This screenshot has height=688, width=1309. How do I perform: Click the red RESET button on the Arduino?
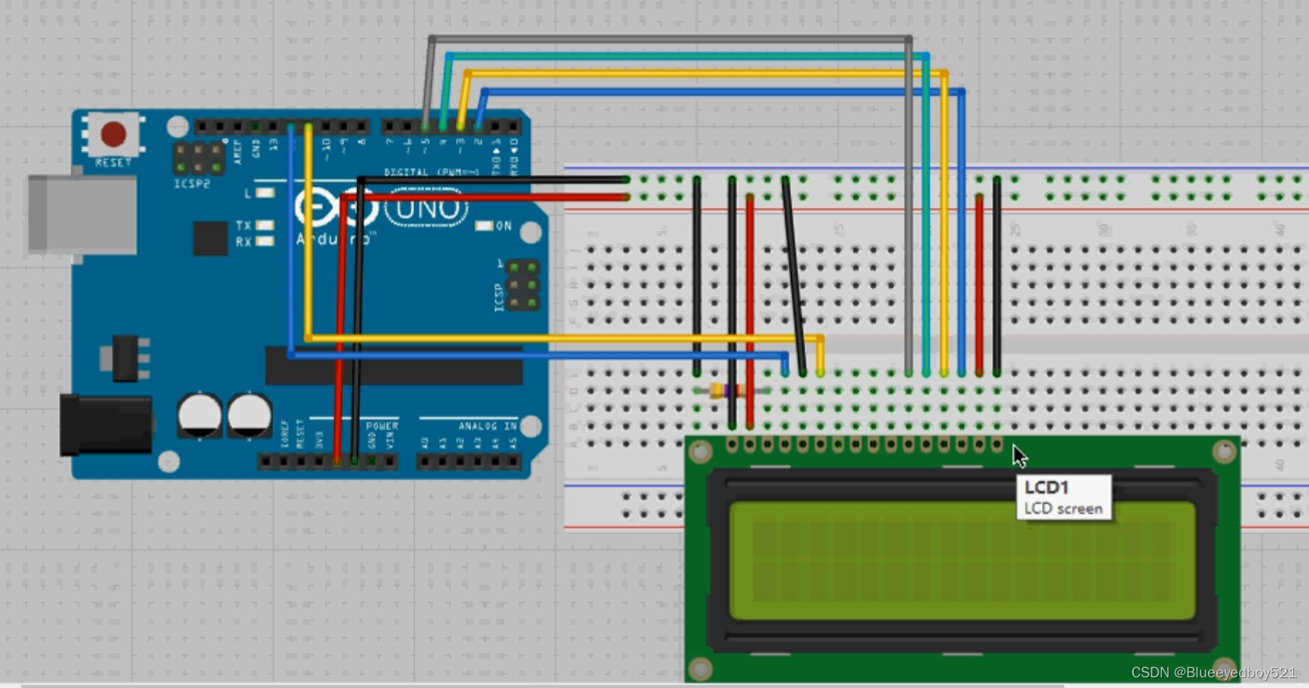click(114, 134)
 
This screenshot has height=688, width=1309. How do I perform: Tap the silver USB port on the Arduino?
click(82, 214)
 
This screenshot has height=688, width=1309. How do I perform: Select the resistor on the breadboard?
click(725, 391)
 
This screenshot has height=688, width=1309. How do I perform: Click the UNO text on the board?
click(426, 209)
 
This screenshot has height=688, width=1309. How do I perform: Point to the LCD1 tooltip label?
click(1063, 498)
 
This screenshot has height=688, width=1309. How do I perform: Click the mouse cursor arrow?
click(1019, 455)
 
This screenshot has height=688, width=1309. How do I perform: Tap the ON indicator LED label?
click(503, 226)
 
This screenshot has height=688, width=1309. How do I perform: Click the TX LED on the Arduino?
click(265, 225)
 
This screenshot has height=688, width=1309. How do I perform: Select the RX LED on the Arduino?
click(265, 242)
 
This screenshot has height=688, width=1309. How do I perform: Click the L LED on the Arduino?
click(265, 193)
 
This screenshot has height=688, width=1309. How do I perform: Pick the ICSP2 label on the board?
click(192, 184)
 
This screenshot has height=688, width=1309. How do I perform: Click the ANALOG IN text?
click(487, 426)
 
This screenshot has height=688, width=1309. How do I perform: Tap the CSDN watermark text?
click(1213, 673)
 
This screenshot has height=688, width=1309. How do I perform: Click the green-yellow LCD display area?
click(962, 561)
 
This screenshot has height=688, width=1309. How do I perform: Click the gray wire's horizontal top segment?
click(667, 38)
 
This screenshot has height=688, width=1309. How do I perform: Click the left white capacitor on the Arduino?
click(199, 415)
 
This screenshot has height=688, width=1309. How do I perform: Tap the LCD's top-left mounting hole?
click(700, 452)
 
